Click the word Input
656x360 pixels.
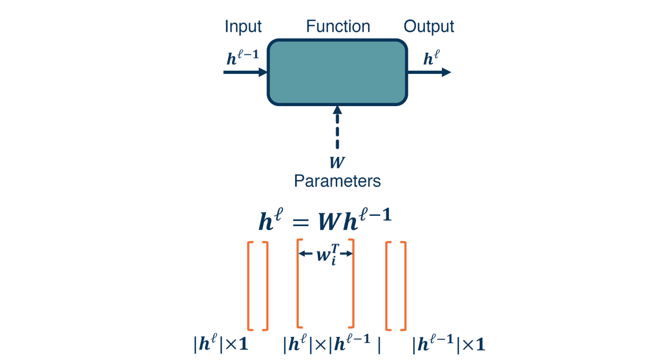[x=243, y=27]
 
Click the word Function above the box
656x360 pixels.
[x=338, y=26]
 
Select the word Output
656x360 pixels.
[x=429, y=27]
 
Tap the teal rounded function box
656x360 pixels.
[x=337, y=72]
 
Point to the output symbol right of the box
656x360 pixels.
[x=430, y=59]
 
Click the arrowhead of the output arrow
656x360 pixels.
[x=445, y=72]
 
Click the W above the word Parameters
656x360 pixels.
[x=337, y=163]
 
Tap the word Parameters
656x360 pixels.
[x=337, y=181]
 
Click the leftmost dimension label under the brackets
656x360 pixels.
[x=221, y=344]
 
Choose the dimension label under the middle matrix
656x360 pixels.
[x=332, y=345]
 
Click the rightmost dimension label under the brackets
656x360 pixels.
[x=448, y=344]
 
